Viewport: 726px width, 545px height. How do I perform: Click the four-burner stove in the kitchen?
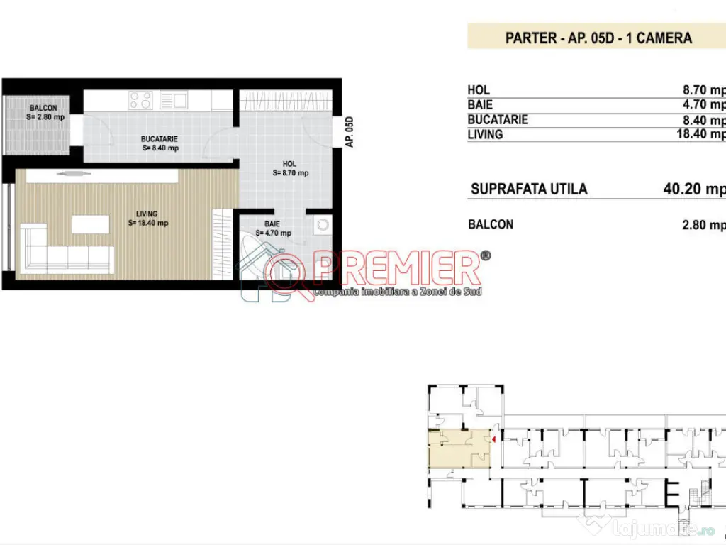coord(140,100)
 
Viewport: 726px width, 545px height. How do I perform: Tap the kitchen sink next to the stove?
coord(173,100)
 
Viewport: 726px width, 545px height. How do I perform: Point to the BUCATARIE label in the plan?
coord(159,139)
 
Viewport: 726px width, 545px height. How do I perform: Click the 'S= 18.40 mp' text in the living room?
coord(147,223)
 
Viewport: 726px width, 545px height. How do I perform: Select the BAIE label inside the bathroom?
coord(263,224)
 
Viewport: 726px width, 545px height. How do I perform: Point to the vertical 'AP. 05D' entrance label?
coord(349,132)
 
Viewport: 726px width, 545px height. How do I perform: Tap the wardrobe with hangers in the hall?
coord(284,100)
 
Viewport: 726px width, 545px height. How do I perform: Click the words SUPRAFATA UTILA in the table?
coord(529,189)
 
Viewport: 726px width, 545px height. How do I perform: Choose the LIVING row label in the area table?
coord(485,134)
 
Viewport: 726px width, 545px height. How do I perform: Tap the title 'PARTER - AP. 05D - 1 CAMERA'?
coord(598,38)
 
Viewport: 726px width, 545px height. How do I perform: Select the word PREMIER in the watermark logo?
coord(397,268)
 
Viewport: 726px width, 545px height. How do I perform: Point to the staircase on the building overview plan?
coord(702,493)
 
